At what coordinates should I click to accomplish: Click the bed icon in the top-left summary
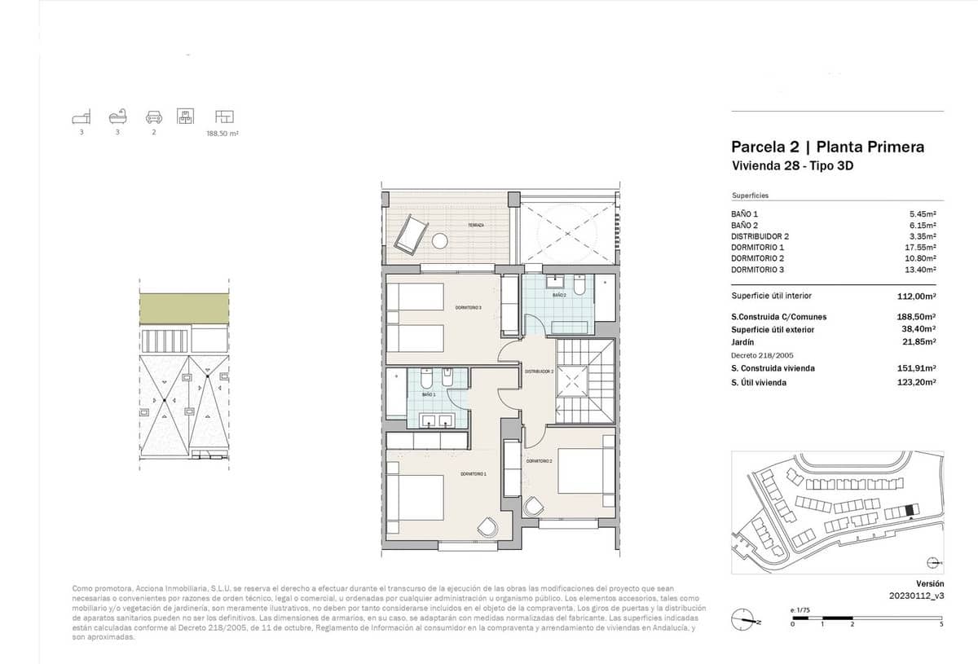point(81,116)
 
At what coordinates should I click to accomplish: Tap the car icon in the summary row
point(153,116)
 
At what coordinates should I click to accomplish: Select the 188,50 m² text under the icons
point(222,133)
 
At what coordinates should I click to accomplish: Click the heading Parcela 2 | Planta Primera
point(827,147)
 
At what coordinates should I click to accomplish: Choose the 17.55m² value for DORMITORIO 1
point(922,247)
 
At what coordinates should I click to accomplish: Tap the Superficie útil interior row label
point(771,297)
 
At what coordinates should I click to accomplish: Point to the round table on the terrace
point(440,241)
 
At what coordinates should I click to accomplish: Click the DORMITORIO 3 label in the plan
point(469,307)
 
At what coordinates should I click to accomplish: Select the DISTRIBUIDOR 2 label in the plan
point(540,372)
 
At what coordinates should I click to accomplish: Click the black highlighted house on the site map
point(910,510)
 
